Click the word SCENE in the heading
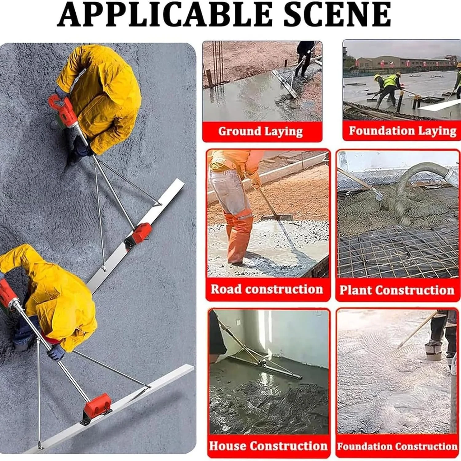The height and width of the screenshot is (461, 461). click(337, 14)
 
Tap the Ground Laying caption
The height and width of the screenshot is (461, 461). click(261, 131)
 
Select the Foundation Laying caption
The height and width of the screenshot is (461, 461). click(403, 131)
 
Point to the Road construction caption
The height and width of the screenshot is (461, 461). click(267, 289)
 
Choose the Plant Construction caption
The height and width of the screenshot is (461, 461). click(397, 290)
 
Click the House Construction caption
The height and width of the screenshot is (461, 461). click(268, 446)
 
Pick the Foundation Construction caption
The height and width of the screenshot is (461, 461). click(397, 446)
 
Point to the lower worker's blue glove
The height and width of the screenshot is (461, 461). click(56, 353)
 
